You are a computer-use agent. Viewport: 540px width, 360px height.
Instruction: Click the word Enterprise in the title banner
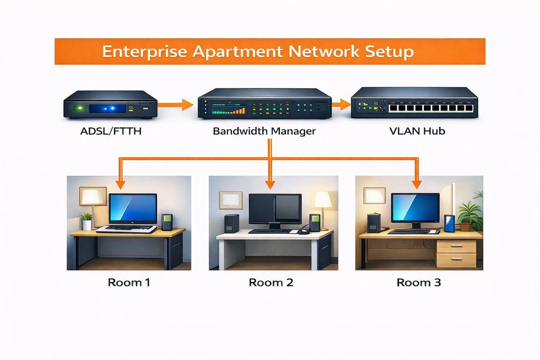(144, 52)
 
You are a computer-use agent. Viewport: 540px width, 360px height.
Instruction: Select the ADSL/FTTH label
(111, 131)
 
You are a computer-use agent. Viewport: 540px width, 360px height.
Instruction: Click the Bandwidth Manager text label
(264, 131)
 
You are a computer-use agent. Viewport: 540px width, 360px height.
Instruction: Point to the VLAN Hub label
(417, 131)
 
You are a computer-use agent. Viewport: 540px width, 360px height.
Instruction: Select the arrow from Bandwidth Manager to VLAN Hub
(341, 104)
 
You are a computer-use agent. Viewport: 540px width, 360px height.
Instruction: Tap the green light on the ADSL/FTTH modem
(80, 108)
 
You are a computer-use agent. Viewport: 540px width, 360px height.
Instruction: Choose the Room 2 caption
(271, 282)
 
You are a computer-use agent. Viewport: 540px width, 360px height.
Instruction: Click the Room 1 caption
(129, 282)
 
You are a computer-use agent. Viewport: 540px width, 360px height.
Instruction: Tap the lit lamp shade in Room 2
(323, 200)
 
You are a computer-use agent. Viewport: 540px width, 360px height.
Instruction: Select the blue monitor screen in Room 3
(415, 207)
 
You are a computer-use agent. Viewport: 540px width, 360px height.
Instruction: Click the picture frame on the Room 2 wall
(231, 200)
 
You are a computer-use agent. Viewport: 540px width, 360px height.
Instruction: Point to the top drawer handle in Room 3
(456, 245)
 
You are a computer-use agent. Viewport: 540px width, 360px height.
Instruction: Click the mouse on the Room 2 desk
(303, 232)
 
